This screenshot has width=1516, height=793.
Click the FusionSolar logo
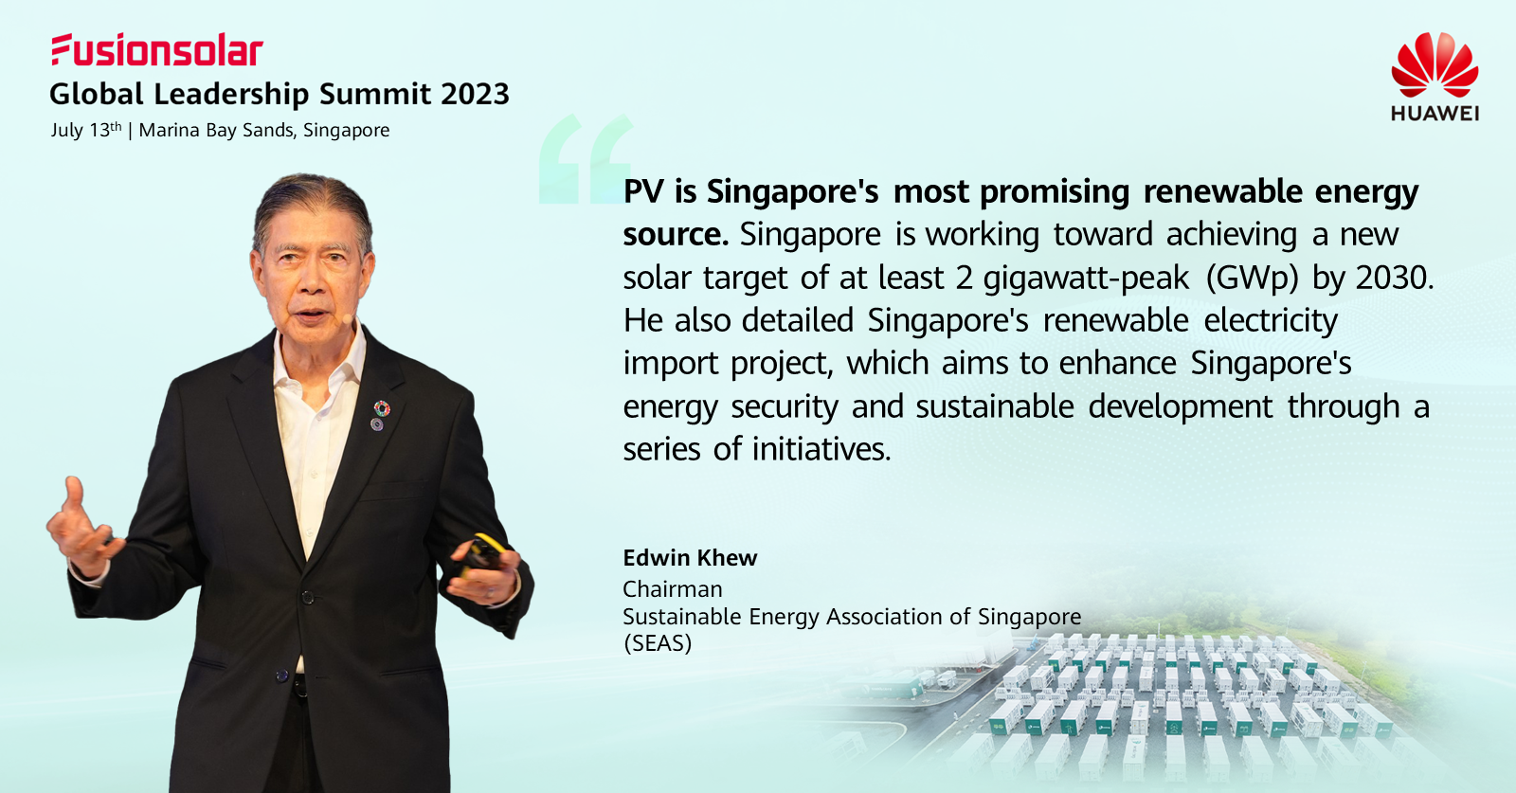(x=157, y=50)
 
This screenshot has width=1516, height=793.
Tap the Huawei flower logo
(x=1435, y=65)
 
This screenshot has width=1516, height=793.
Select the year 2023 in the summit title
(x=475, y=94)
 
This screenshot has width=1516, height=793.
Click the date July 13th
(x=86, y=130)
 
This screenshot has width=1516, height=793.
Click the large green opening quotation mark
(x=587, y=160)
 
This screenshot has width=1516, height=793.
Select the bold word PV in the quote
(x=643, y=192)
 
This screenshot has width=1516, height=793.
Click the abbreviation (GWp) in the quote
(x=1252, y=279)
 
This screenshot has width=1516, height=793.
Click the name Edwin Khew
(x=690, y=558)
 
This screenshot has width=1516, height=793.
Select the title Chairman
(x=672, y=589)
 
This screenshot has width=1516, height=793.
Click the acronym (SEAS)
(x=658, y=642)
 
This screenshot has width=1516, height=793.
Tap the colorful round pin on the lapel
(x=382, y=408)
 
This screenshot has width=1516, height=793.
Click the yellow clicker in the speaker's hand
(x=482, y=552)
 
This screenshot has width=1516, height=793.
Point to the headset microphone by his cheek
(x=347, y=318)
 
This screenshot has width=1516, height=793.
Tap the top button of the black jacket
(x=307, y=598)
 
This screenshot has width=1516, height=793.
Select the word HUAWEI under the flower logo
(x=1435, y=113)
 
